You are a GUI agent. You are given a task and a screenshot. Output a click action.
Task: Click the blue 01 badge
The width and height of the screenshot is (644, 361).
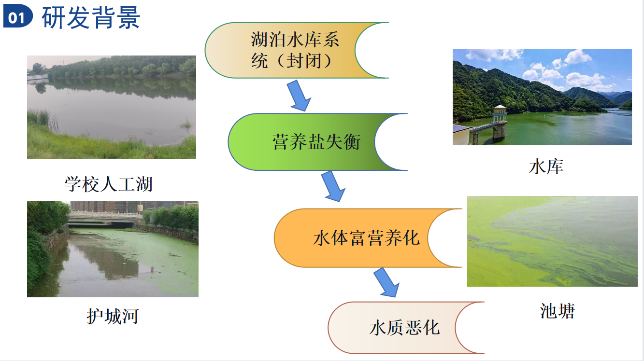[18, 16]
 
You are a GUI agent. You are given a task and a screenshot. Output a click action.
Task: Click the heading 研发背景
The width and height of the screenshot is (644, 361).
[91, 18]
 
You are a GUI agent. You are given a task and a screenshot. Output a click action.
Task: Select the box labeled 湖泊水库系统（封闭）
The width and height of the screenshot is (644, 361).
[297, 50]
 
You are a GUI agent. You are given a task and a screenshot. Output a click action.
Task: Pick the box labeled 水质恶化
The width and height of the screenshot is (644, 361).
[406, 328]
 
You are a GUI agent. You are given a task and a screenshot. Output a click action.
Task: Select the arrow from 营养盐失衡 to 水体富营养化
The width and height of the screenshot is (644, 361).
[333, 186]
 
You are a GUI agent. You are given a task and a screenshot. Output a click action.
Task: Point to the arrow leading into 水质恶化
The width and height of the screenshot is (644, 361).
[386, 283]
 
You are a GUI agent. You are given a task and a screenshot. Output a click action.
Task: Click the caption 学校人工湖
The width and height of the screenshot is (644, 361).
[108, 184]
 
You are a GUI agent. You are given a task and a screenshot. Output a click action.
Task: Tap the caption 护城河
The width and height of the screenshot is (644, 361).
[113, 317]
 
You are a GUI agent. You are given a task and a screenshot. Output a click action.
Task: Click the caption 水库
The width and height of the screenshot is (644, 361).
[546, 167]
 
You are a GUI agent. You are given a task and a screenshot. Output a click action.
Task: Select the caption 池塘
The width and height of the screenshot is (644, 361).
[557, 311]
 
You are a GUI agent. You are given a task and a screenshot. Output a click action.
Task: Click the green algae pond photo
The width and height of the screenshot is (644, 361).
[552, 241]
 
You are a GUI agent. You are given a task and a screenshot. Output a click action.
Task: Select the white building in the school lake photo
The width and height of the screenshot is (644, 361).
[38, 77]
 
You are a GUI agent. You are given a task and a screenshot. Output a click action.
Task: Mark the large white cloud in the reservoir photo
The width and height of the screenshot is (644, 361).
[578, 57]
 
